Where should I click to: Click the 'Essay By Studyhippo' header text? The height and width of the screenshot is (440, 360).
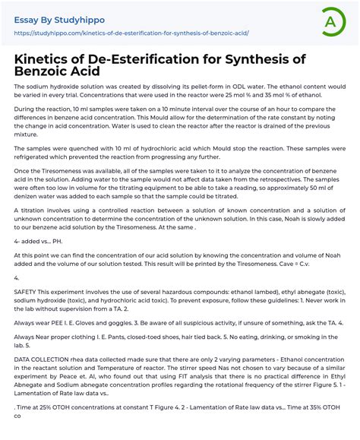[58, 18]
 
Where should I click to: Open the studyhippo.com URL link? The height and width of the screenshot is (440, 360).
[131, 33]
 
